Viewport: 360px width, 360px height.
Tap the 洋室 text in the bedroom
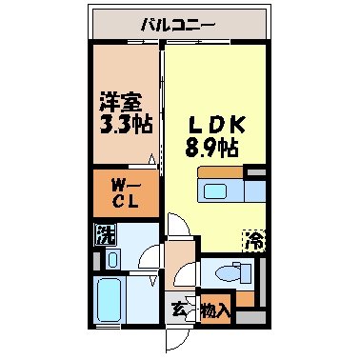(121, 100)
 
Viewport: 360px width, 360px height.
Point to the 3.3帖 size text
(122, 124)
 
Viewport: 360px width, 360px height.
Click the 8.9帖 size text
(210, 149)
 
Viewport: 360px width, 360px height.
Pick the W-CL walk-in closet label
(121, 191)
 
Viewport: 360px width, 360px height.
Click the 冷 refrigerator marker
(254, 240)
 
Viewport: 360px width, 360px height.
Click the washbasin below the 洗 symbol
(111, 257)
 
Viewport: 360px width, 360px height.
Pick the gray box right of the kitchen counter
(255, 173)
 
